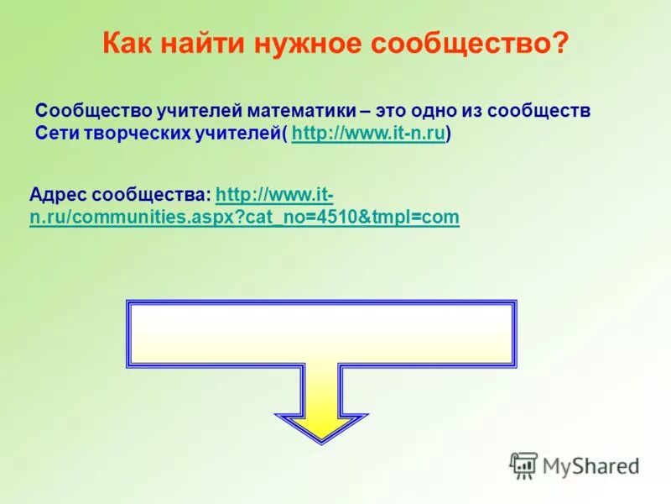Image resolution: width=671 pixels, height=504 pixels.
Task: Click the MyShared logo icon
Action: (523, 465)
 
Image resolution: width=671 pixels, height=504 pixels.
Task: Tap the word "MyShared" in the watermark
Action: (590, 465)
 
